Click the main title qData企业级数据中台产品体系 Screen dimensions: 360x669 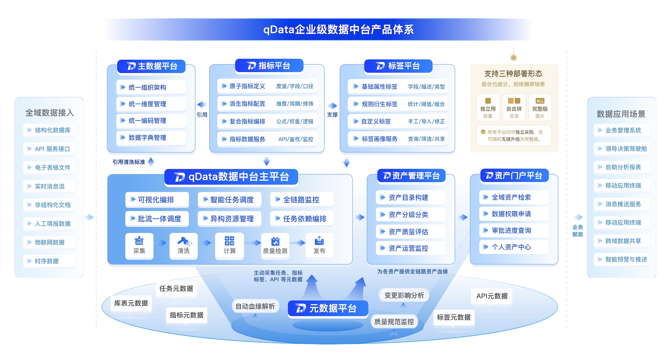pyautogui.click(x=338, y=30)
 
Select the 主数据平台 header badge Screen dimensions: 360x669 pyautogui.click(x=152, y=66)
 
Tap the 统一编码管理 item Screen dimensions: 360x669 pyautogui.click(x=147, y=121)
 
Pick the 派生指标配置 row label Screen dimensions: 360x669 pyautogui.click(x=247, y=104)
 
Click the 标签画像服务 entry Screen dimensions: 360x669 pyautogui.click(x=379, y=139)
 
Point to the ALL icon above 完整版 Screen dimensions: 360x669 pyautogui.click(x=540, y=101)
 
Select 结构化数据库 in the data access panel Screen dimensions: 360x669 pyautogui.click(x=53, y=130)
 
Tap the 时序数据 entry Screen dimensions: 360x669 pyautogui.click(x=46, y=261)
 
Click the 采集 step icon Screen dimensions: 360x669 pyautogui.click(x=139, y=241)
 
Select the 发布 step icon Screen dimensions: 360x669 pyautogui.click(x=319, y=241)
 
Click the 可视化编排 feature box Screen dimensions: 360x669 pyautogui.click(x=156, y=200)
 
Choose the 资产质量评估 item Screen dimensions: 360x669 pyautogui.click(x=408, y=232)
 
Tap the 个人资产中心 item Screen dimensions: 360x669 pyautogui.click(x=511, y=247)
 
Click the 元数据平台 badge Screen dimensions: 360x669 pyautogui.click(x=328, y=308)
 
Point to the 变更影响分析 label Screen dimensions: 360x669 pyautogui.click(x=404, y=295)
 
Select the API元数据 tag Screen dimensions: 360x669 pyautogui.click(x=492, y=296)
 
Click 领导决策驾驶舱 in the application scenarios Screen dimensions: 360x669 pyautogui.click(x=626, y=149)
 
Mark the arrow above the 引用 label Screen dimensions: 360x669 pyautogui.click(x=201, y=104)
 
